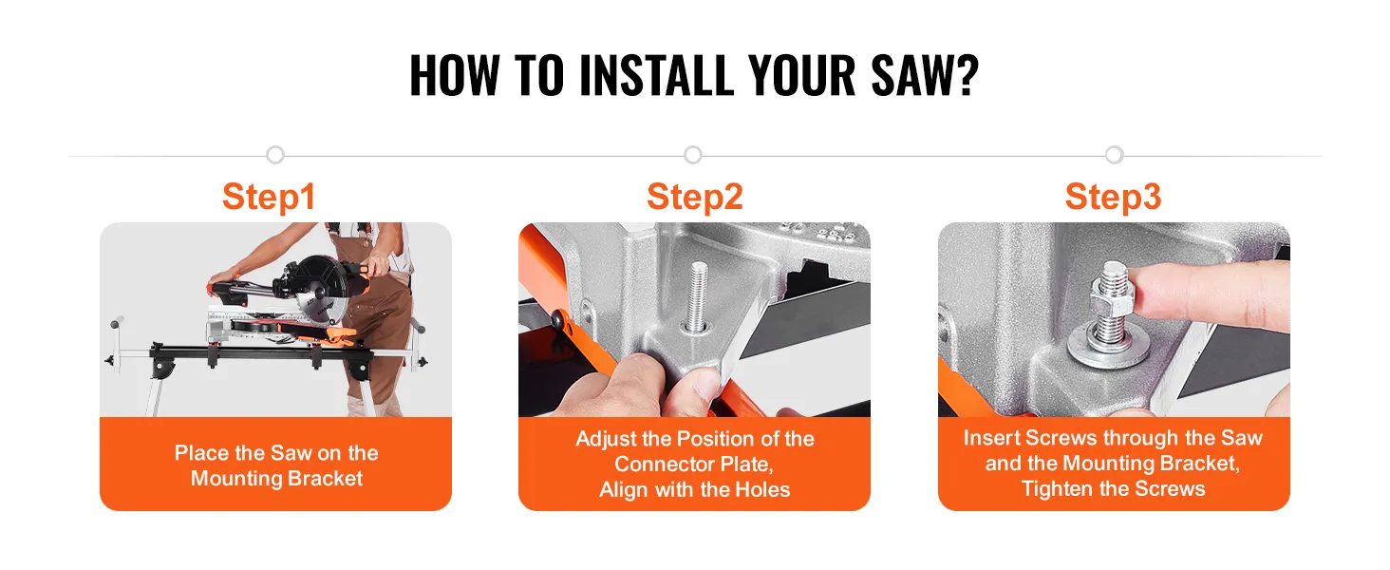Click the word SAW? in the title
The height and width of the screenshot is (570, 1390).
(925, 75)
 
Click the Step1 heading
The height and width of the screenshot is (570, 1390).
(270, 197)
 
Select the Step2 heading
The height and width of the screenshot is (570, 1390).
(694, 197)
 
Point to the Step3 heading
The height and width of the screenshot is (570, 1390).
(1113, 197)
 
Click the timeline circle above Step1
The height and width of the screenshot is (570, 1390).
(275, 155)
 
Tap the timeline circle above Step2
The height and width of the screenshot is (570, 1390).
(693, 155)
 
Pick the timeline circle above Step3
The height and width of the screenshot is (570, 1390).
(1115, 155)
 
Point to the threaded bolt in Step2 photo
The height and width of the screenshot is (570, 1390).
(699, 296)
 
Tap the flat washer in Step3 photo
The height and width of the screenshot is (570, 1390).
(1109, 349)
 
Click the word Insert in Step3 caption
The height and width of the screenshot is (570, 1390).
(991, 438)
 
